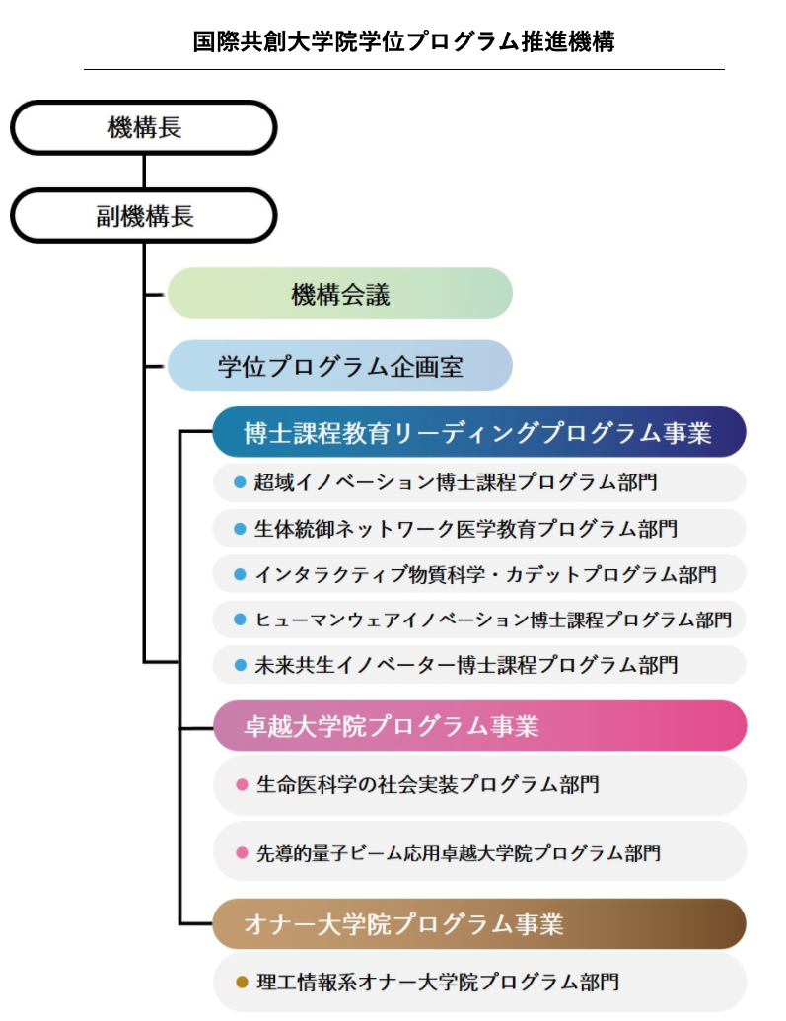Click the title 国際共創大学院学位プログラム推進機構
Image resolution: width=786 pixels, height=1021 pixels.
tap(403, 41)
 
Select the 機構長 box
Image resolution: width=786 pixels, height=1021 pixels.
tap(144, 127)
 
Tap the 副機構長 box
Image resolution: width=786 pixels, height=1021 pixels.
tap(144, 215)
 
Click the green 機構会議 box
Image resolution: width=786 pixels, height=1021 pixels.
tap(340, 294)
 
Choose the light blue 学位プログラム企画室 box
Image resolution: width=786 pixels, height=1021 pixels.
tap(340, 366)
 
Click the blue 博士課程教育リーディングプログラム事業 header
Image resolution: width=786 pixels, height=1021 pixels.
tap(479, 432)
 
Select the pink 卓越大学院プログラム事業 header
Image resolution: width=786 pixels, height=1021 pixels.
tap(479, 725)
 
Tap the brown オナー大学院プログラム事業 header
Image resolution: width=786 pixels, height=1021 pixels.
tap(479, 924)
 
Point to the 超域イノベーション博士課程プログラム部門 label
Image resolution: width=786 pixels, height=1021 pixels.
tap(456, 481)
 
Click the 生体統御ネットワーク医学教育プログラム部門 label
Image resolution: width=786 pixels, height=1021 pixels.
tap(465, 528)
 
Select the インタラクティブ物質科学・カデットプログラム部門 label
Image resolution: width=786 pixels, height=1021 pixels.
tap(485, 574)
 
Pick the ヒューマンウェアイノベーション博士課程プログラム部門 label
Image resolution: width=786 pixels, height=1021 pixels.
tap(493, 620)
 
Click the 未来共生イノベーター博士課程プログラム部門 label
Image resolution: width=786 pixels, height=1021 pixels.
tap(465, 664)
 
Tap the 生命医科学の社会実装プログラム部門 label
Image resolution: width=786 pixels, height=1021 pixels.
tap(428, 784)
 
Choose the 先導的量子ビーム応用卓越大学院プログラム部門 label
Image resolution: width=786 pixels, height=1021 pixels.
tap(459, 853)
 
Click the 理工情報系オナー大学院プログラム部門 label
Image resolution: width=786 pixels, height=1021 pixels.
tap(438, 982)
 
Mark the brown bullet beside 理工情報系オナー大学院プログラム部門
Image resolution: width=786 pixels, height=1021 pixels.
tap(242, 982)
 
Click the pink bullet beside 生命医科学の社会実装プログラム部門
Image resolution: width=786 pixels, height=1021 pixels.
tap(242, 784)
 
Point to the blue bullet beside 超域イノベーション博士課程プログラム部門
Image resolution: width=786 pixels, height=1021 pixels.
tap(240, 481)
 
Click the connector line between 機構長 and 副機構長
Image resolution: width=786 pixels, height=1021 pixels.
tap(144, 172)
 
